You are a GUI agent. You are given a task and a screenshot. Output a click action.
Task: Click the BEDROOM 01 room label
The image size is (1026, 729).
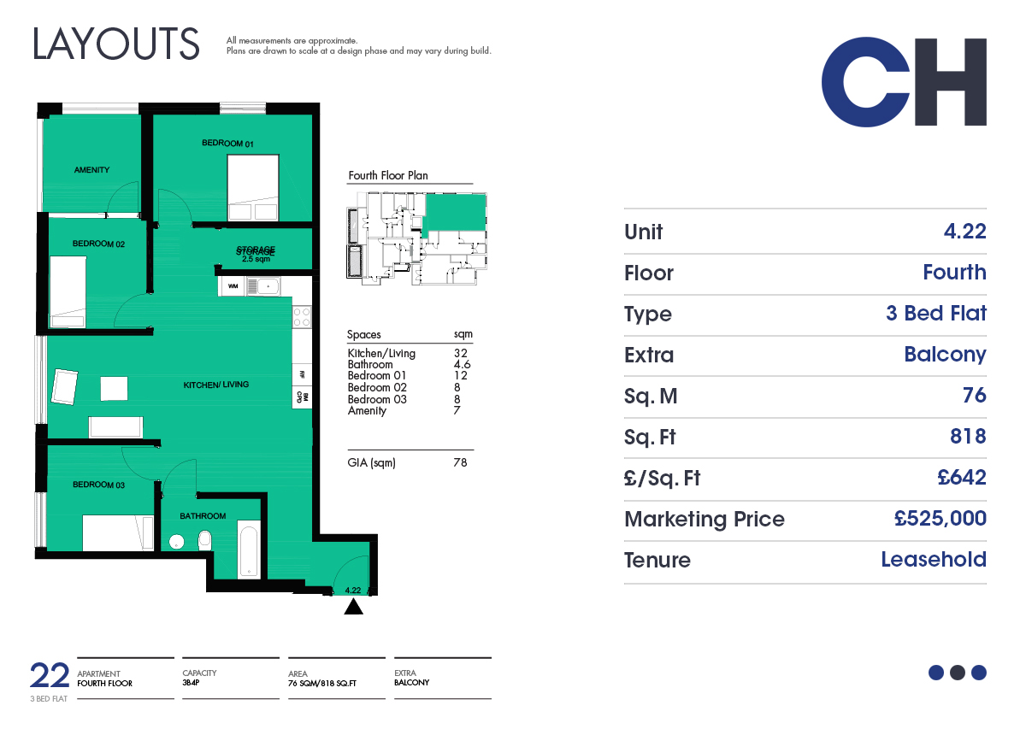tap(227, 144)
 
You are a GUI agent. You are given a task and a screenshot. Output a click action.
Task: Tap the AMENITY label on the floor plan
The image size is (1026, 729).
tap(91, 170)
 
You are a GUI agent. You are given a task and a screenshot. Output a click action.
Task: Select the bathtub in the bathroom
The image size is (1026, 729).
tap(249, 549)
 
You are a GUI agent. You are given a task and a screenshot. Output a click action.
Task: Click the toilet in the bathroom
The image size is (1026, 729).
tap(204, 541)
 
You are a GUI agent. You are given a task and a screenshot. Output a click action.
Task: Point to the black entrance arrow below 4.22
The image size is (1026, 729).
tap(353, 607)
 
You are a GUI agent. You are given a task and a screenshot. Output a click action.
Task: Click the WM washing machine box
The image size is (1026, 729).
tap(233, 286)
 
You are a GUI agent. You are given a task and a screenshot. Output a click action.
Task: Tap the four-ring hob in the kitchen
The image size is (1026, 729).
tap(302, 317)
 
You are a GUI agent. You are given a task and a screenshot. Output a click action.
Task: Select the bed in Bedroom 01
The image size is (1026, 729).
tap(253, 188)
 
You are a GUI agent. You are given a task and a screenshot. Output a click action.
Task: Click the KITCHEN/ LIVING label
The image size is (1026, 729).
tap(215, 385)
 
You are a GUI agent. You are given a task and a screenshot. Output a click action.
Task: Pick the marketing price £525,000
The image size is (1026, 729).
tap(940, 519)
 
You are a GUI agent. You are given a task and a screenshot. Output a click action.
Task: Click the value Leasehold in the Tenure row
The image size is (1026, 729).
tap(934, 559)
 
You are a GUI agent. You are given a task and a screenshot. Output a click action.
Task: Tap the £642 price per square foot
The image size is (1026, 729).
tap(961, 477)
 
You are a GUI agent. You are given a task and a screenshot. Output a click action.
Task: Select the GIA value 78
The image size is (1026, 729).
tap(460, 462)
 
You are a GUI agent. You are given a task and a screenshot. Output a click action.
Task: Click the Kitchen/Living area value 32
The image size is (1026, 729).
tap(460, 353)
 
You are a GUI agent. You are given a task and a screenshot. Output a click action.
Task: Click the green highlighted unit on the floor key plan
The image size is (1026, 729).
tap(456, 213)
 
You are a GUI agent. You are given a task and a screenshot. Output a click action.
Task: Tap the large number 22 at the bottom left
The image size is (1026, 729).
tap(50, 675)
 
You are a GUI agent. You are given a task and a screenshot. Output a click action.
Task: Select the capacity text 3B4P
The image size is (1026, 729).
tap(191, 683)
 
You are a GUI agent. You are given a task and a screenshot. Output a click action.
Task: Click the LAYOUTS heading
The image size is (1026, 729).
tap(116, 44)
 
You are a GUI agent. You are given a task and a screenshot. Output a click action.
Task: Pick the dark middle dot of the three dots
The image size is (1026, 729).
tap(958, 673)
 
